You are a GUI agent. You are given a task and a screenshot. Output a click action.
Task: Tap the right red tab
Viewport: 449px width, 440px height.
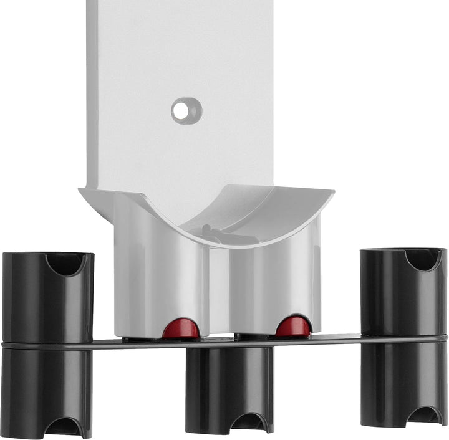[294, 327]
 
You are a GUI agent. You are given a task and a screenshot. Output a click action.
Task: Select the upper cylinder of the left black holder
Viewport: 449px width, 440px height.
[47, 299]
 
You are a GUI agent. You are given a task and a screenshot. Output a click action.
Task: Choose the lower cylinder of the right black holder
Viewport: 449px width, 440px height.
[403, 380]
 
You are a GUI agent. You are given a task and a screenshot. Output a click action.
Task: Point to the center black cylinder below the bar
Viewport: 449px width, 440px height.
[229, 383]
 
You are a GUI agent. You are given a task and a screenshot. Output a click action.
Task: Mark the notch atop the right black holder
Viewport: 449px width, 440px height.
[422, 258]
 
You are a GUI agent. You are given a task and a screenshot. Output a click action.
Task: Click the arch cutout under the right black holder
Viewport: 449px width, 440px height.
[424, 416]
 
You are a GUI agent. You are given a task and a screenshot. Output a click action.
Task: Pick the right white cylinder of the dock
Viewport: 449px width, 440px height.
[274, 274]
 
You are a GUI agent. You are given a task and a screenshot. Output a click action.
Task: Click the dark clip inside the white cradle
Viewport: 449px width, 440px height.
[215, 233]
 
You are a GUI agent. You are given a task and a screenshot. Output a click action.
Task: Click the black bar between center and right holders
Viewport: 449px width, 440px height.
[317, 340]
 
